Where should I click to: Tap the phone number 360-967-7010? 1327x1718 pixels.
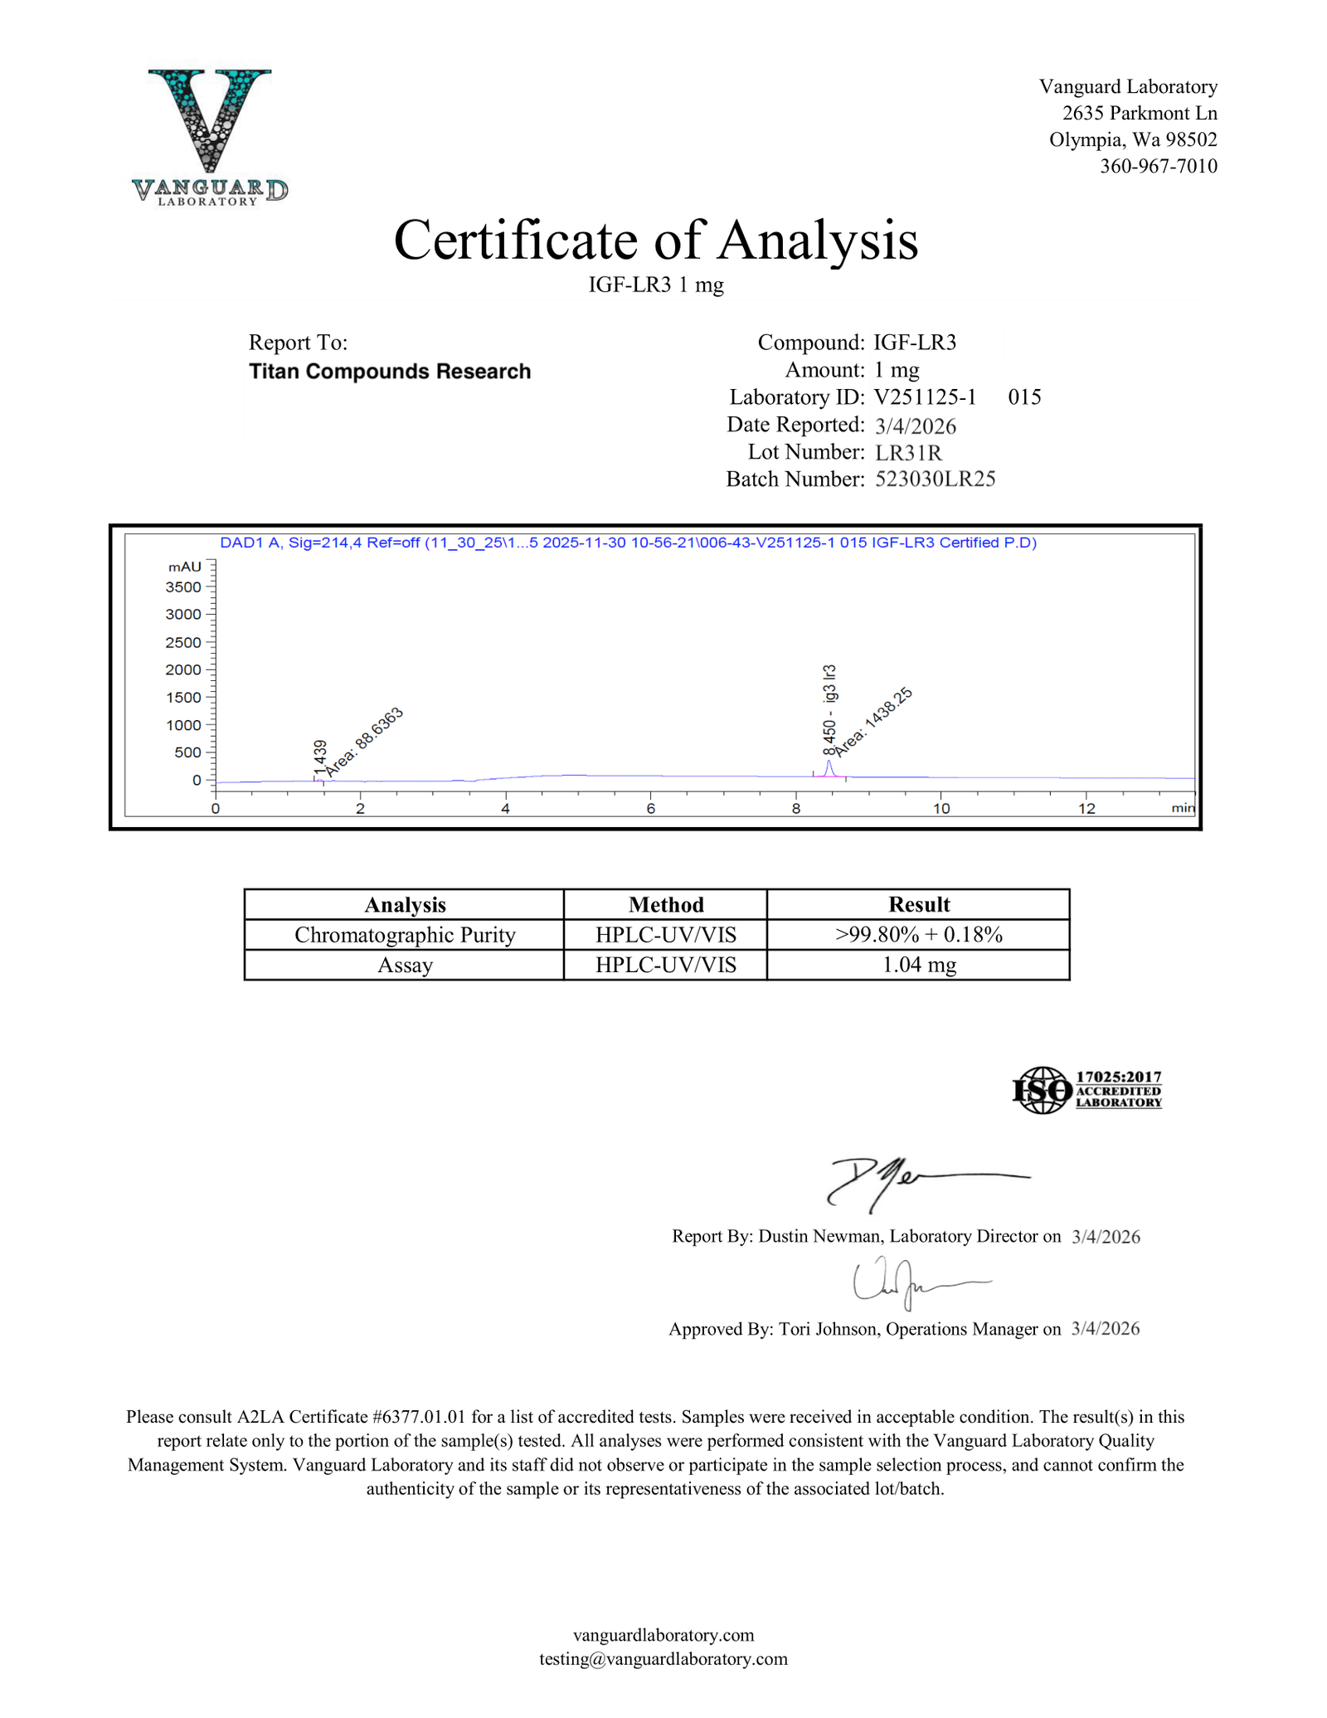(1158, 166)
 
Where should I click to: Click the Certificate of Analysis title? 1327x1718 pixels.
(655, 241)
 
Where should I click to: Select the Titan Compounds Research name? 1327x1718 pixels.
(390, 371)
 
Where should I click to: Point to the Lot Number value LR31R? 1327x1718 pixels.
(908, 452)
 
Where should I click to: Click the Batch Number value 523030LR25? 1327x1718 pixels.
(935, 479)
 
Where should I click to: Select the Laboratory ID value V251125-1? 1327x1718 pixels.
(925, 397)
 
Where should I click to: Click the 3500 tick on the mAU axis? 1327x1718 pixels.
(183, 587)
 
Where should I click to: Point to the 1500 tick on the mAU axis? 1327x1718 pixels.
(183, 698)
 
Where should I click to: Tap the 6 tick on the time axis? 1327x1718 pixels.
(651, 808)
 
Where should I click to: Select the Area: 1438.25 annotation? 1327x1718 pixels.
(873, 722)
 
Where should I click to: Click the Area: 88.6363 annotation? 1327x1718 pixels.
(363, 742)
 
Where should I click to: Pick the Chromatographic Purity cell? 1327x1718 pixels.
(405, 935)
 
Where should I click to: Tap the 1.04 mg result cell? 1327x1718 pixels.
(918, 965)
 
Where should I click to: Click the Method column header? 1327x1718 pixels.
(665, 904)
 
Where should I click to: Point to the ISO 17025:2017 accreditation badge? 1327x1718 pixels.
(1086, 1090)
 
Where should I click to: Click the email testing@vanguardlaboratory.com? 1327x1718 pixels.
(663, 1658)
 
